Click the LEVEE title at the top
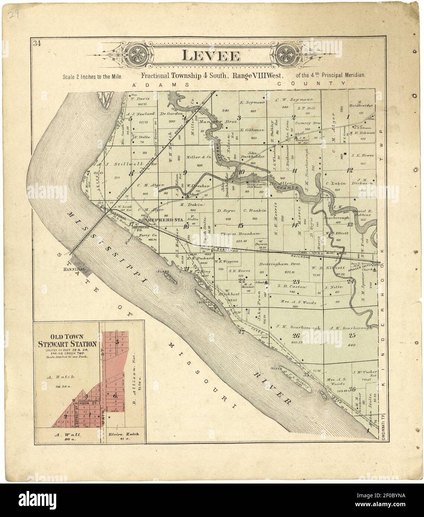210,56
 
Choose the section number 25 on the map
352,335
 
